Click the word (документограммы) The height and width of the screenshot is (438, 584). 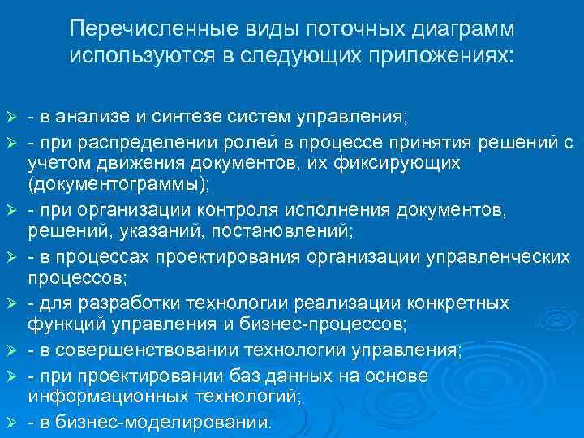point(118,185)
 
